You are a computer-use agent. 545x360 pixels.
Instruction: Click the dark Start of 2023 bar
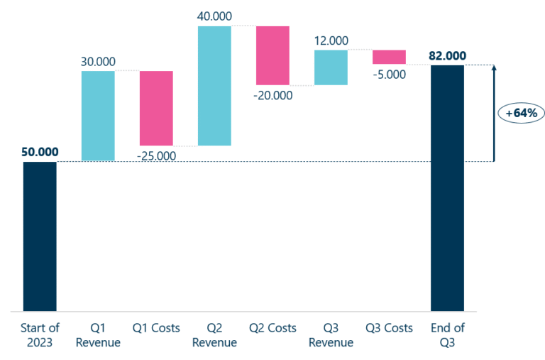pos(40,236)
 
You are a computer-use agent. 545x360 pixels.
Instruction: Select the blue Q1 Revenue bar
pos(98,116)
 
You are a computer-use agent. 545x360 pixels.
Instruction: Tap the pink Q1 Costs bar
pos(156,108)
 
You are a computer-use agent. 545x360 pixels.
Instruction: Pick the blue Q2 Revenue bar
pos(214,86)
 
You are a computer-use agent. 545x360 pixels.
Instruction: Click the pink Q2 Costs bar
pos(272,55)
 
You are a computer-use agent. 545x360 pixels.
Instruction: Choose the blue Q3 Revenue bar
pos(331,67)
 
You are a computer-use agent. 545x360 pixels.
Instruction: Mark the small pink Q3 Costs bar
pos(389,57)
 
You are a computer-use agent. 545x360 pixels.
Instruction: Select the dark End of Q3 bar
pos(447,188)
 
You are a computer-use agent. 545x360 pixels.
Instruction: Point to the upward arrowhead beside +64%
pos(494,68)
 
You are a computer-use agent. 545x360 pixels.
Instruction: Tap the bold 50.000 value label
pos(40,152)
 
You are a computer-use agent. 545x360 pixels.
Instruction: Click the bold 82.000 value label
pos(447,55)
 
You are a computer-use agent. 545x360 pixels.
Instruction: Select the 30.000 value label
pos(98,62)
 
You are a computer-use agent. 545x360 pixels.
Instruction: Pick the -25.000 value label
pos(155,155)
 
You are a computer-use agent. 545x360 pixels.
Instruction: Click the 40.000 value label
pos(214,16)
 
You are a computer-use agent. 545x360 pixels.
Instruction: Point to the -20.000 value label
pos(272,95)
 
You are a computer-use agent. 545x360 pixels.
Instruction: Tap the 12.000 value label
pos(331,40)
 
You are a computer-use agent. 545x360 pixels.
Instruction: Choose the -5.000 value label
pos(389,73)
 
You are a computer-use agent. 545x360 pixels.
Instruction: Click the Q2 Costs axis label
pos(272,328)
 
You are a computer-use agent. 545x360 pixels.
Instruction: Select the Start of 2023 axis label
pos(40,335)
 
